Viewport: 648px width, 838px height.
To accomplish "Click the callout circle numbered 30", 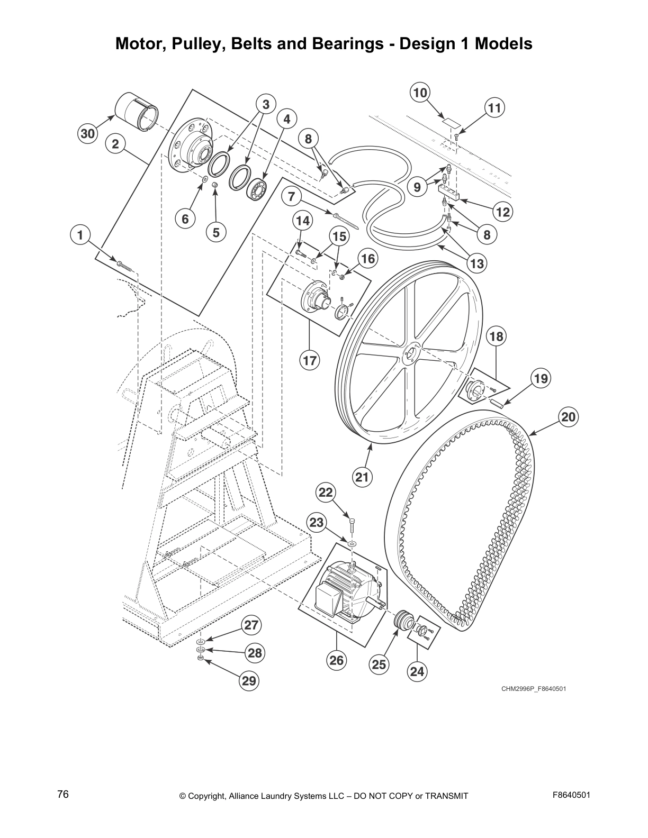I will pos(87,134).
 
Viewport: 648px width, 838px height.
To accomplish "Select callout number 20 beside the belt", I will pos(568,417).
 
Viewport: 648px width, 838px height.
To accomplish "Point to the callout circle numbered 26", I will pos(337,660).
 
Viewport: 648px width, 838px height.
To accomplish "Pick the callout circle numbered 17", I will pos(310,361).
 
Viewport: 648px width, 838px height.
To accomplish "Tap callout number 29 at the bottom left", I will pos(249,681).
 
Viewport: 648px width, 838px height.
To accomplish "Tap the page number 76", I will pos(63,795).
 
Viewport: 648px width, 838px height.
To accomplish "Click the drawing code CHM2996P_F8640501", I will pos(534,688).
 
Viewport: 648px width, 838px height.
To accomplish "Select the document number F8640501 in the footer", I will pos(571,795).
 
